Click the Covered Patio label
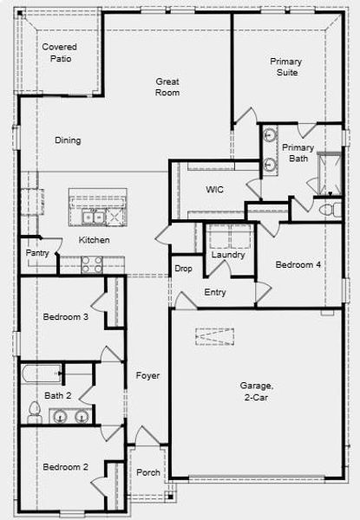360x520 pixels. click(x=59, y=52)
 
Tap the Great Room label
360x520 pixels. click(x=167, y=87)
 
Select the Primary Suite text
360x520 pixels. click(x=285, y=67)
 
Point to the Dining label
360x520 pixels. click(x=68, y=140)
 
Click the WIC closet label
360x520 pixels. click(x=215, y=190)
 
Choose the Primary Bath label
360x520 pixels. click(x=298, y=153)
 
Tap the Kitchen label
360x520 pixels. click(x=94, y=239)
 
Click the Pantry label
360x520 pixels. click(x=37, y=253)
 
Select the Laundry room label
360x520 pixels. click(x=227, y=255)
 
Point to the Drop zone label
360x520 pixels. click(x=183, y=269)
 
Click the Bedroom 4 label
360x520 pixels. click(x=298, y=264)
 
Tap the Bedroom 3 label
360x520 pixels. click(x=66, y=317)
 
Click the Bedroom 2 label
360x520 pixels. click(x=66, y=467)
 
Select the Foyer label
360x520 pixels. click(x=147, y=376)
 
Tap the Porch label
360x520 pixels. click(x=148, y=472)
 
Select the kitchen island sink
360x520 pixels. click(x=93, y=216)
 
